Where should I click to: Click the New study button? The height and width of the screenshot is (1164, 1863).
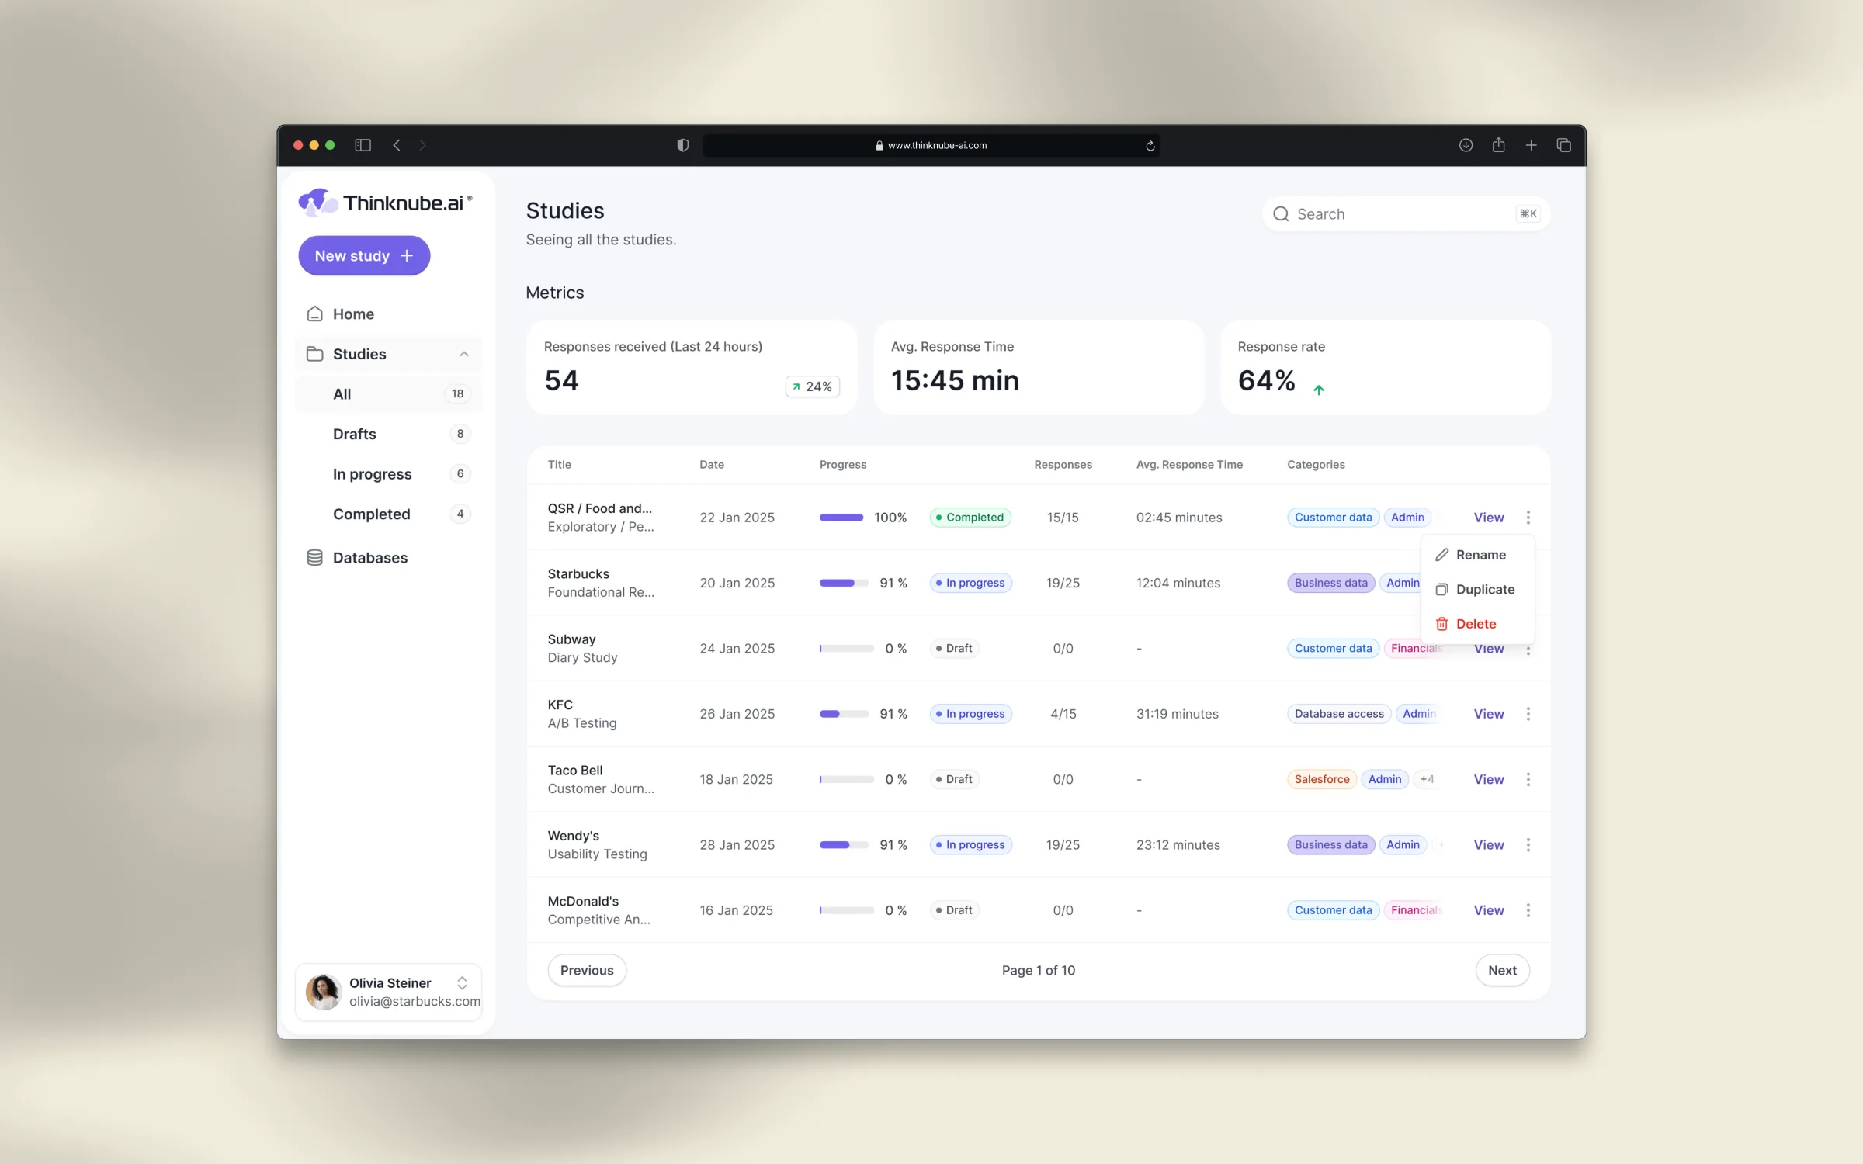point(364,255)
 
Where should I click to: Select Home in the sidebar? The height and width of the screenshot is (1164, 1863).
point(353,314)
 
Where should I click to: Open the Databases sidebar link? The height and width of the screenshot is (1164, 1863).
point(369,557)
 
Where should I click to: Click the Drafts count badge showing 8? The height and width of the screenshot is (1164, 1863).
point(460,434)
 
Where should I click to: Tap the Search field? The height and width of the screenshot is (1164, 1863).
point(1406,213)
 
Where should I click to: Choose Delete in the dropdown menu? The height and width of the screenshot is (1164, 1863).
point(1476,624)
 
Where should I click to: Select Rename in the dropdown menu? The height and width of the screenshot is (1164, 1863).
point(1480,555)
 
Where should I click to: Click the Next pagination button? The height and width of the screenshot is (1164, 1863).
point(1502,970)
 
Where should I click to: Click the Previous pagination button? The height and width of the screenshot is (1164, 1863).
point(587,970)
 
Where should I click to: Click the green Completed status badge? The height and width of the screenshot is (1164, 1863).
point(970,518)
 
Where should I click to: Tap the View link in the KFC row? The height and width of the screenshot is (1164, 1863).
point(1488,714)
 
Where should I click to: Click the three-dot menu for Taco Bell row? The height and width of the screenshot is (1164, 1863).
point(1528,779)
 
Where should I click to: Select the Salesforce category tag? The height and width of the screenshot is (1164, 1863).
point(1321,779)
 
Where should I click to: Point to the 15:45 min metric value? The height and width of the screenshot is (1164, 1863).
point(955,380)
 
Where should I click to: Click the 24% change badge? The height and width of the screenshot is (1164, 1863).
point(813,386)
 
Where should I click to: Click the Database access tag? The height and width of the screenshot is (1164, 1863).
point(1339,714)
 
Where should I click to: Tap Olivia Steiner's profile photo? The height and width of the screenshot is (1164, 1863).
point(323,992)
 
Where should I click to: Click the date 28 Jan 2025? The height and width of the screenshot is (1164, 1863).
point(737,844)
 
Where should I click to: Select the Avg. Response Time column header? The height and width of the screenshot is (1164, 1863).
point(1189,464)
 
